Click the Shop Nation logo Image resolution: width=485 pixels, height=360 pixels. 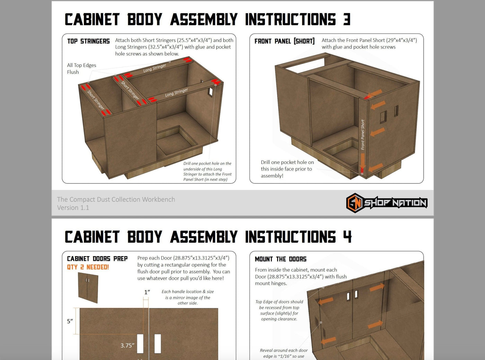pyautogui.click(x=386, y=203)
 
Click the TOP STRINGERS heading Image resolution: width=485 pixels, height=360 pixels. pyautogui.click(x=88, y=41)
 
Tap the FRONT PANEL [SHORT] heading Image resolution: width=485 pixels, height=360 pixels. pyautogui.click(x=284, y=41)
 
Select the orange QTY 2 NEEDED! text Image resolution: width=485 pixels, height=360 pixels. pyautogui.click(x=88, y=267)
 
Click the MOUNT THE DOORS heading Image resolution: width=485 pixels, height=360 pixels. pyautogui.click(x=281, y=259)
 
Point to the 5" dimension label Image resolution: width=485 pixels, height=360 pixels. pyautogui.click(x=70, y=321)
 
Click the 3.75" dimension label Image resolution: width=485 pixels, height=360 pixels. pyautogui.click(x=127, y=345)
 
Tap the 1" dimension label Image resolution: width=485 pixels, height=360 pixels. pyautogui.click(x=147, y=292)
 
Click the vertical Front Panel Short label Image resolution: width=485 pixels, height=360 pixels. pyautogui.click(x=363, y=135)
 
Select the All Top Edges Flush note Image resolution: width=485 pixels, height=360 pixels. pyautogui.click(x=81, y=69)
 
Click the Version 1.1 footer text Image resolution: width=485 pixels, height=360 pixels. pyautogui.click(x=73, y=208)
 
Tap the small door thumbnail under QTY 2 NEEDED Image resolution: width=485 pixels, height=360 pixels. pyautogui.click(x=88, y=287)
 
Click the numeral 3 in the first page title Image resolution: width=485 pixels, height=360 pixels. pyautogui.click(x=347, y=19)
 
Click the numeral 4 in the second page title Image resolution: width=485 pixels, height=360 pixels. pyautogui.click(x=347, y=237)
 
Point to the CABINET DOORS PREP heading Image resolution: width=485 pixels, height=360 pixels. pyautogui.click(x=97, y=259)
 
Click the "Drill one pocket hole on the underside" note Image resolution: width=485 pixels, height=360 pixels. pyautogui.click(x=207, y=171)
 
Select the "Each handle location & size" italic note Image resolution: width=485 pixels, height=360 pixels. pyautogui.click(x=187, y=297)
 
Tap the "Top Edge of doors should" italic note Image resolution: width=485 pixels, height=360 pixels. pyautogui.click(x=279, y=310)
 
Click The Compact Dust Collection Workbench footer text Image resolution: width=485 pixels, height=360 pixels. pyautogui.click(x=116, y=199)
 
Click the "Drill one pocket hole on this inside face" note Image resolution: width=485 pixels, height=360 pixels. pyautogui.click(x=287, y=169)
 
